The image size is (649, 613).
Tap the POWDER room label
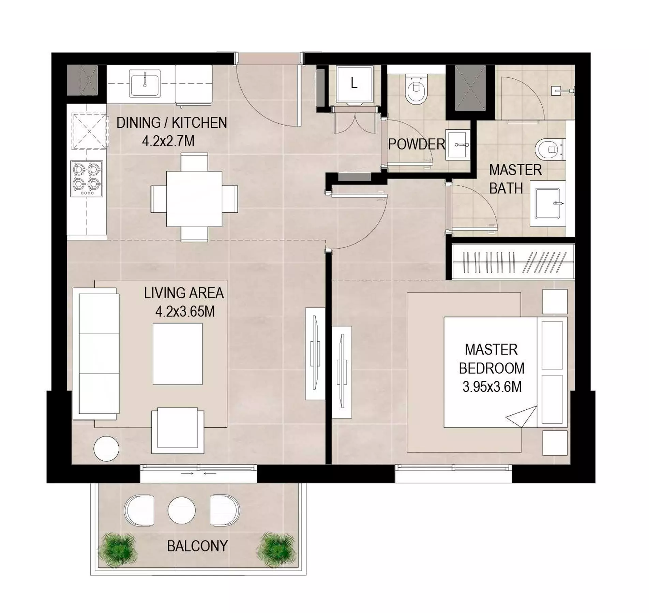pyautogui.click(x=417, y=144)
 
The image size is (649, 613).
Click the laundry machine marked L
pyautogui.click(x=354, y=84)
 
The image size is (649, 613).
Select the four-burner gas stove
pyautogui.click(x=87, y=179)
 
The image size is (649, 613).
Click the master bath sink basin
pyautogui.click(x=548, y=204)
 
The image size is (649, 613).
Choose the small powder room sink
pyautogui.click(x=458, y=144)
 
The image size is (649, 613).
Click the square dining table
pyautogui.click(x=194, y=199)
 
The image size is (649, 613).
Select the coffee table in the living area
pyautogui.click(x=178, y=354)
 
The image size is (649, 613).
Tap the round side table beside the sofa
pyautogui.click(x=107, y=449)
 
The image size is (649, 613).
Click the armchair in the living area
pyautogui.click(x=178, y=431)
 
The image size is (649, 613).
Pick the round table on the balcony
pyautogui.click(x=182, y=511)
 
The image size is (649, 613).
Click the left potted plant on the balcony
pyautogui.click(x=118, y=549)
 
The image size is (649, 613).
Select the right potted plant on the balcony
pyautogui.click(x=276, y=550)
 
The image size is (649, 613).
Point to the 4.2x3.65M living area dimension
pyautogui.click(x=185, y=311)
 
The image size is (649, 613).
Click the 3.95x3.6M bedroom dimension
pyautogui.click(x=492, y=387)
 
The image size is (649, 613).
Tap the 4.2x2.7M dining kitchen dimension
pyautogui.click(x=168, y=141)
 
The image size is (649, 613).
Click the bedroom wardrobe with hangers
pyautogui.click(x=513, y=262)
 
